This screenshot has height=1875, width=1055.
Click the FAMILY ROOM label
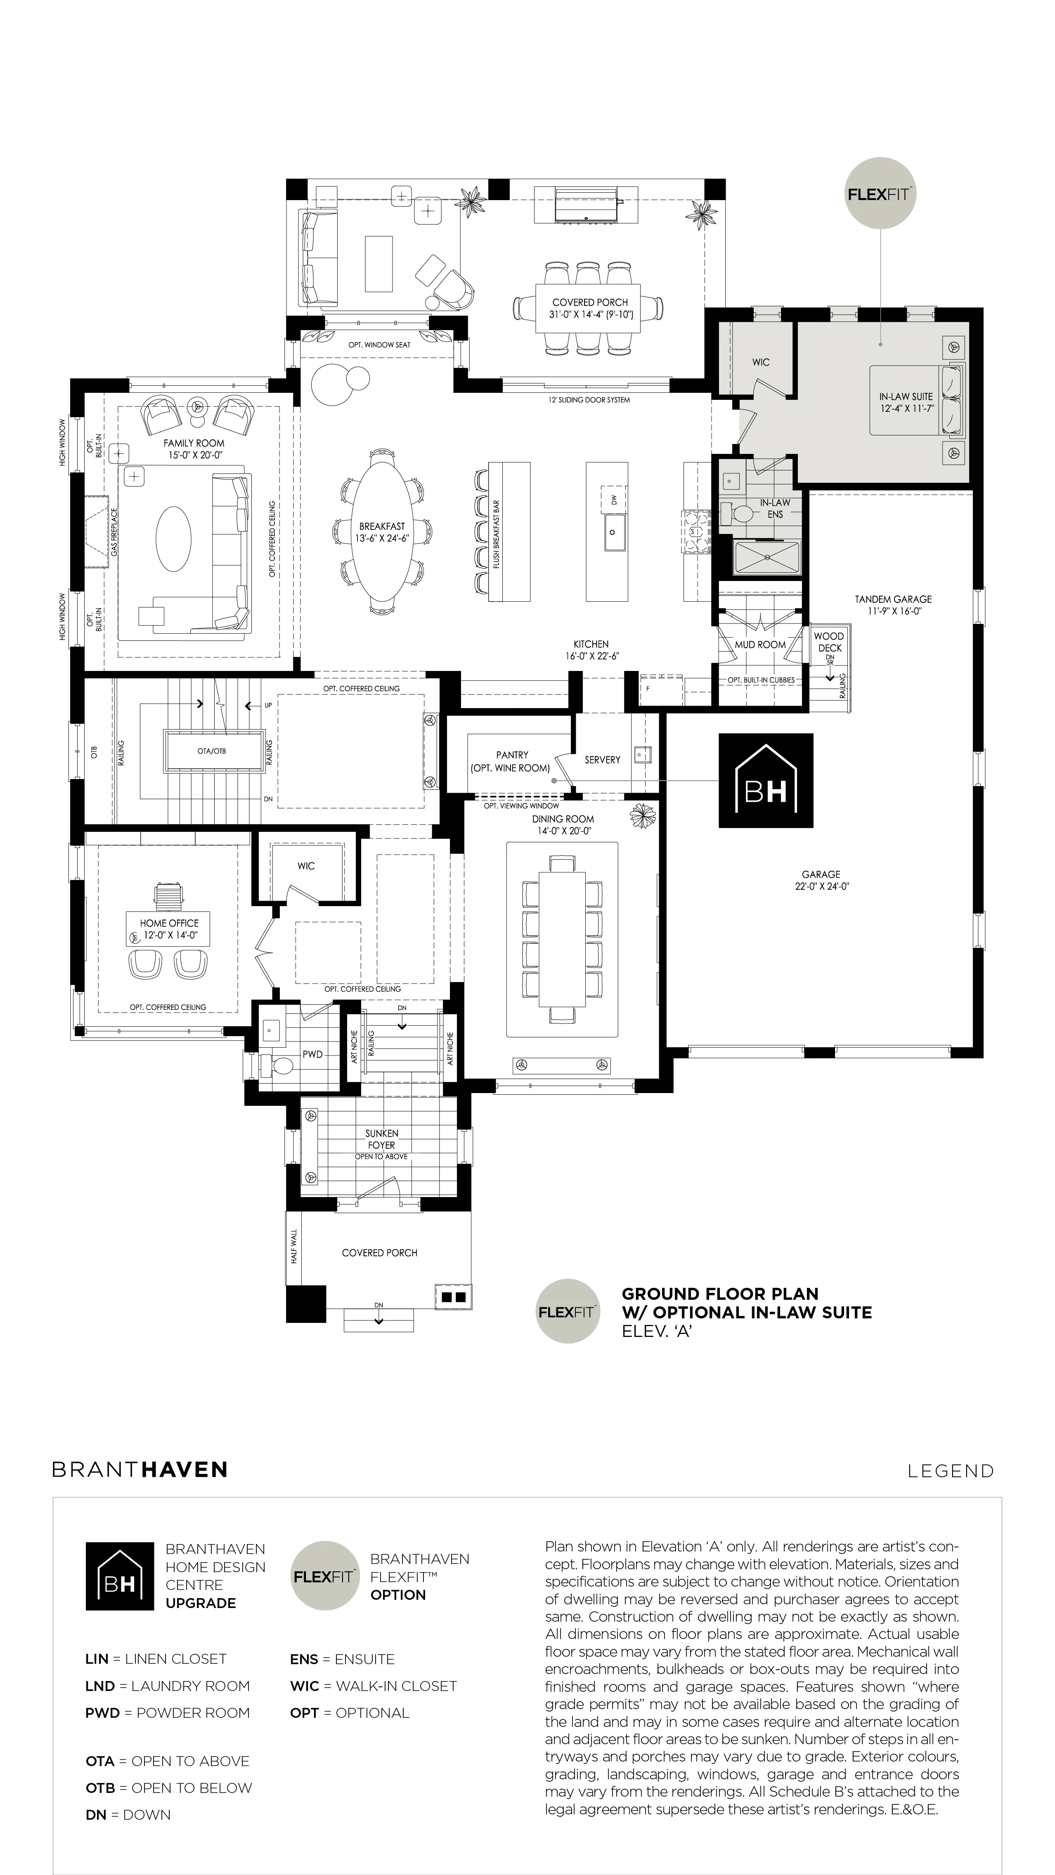[194, 442]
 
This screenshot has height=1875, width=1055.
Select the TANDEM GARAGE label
[893, 599]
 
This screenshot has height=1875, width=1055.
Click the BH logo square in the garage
[766, 780]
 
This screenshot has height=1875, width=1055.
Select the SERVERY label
[602, 759]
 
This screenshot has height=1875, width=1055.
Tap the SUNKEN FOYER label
[381, 1139]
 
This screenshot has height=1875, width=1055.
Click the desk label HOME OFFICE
[169, 923]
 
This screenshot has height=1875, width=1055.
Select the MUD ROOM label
[760, 644]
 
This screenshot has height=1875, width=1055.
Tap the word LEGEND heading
[950, 1471]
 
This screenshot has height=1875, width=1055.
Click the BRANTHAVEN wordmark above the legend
[140, 1469]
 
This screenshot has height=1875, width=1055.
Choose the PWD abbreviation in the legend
[103, 1713]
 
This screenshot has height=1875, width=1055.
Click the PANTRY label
[512, 755]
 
